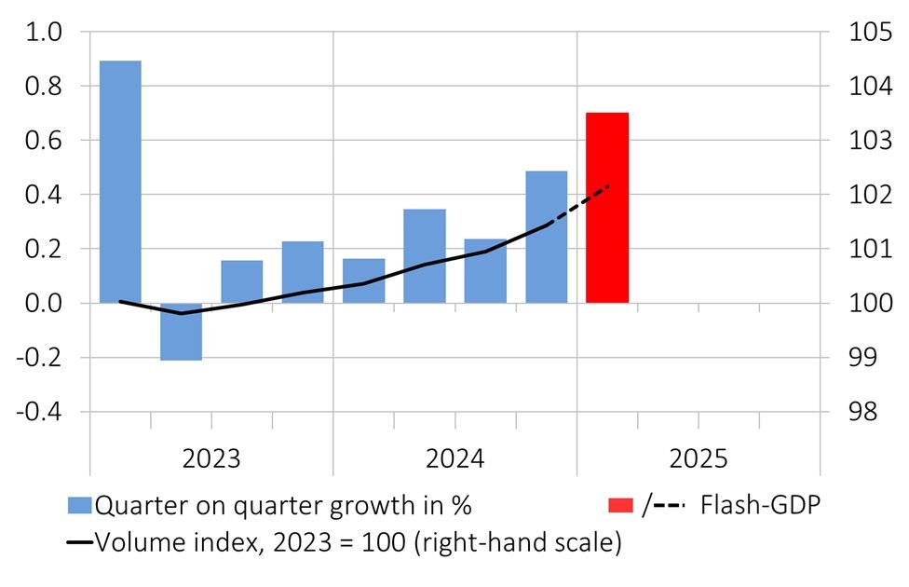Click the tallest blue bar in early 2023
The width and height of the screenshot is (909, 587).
120,182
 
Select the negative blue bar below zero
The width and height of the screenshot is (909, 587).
181,332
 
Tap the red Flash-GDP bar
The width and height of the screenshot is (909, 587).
607,208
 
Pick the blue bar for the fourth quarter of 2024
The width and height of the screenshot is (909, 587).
546,238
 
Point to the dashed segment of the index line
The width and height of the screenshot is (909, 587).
578,206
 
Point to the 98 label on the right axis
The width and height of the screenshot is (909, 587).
865,412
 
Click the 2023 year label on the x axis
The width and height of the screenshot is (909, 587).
210,458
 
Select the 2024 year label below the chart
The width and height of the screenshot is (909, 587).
454,458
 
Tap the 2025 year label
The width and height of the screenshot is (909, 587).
698,458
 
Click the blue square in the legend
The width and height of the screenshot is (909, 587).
81,506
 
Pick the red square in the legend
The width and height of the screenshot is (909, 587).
621,506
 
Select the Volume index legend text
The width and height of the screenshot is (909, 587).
359,542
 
